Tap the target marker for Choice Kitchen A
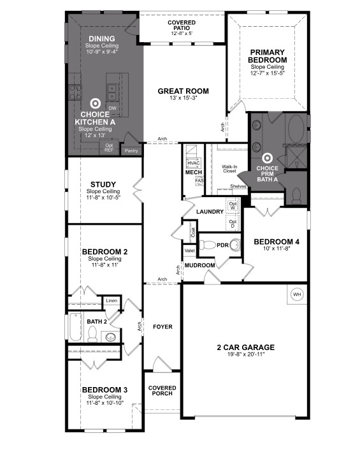coord(96,103)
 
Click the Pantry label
coord(131,151)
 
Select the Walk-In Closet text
coord(229,169)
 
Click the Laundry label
coord(210,212)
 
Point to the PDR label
coord(223,245)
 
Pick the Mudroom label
coord(200,265)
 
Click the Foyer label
coord(163,327)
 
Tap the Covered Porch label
coord(162,391)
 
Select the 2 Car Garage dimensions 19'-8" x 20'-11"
coord(245,356)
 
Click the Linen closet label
coord(112,300)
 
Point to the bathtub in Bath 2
coord(75,328)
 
